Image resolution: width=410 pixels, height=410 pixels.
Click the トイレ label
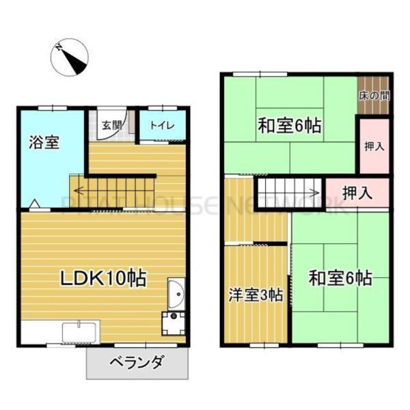pos(162,126)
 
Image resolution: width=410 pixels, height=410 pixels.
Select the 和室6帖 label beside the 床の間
pos(290,126)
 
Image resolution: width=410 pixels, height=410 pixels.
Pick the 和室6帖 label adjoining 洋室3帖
pos(340,278)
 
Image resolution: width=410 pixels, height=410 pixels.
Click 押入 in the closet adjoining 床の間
pos(373,146)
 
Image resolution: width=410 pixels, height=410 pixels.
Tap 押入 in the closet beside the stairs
pos(357,193)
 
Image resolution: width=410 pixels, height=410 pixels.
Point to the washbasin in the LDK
pos(174,294)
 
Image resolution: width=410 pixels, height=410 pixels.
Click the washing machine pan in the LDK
pos(174,322)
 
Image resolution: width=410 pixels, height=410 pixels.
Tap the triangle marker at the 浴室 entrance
pos(33,203)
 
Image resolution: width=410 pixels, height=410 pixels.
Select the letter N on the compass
pos(60,48)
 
